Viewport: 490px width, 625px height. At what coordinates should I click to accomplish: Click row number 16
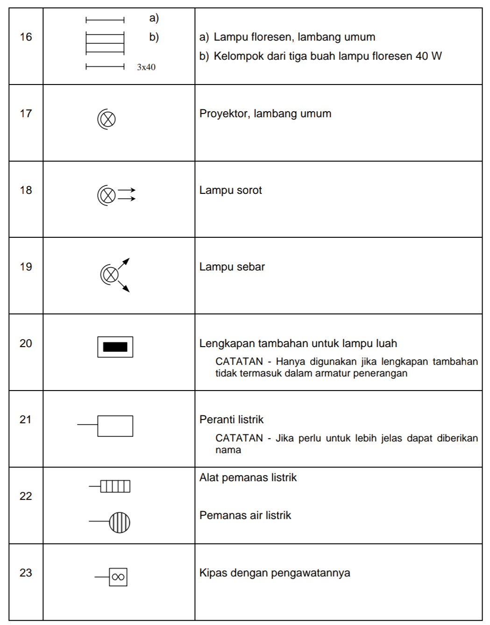coord(26,37)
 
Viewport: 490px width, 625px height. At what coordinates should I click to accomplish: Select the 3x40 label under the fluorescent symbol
coord(146,67)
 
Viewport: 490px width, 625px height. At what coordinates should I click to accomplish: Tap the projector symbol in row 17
coord(107,119)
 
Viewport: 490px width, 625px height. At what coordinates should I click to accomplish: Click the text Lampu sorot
coord(230,190)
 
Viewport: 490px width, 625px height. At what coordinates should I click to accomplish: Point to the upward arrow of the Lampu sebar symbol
coord(125,263)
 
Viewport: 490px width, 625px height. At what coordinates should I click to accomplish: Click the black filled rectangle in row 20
coord(115,347)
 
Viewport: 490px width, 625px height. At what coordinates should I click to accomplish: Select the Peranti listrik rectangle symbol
coord(115,426)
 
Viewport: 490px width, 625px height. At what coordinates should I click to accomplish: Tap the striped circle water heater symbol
coord(120,522)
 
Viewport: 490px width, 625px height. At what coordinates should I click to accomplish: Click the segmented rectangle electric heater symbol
coord(115,486)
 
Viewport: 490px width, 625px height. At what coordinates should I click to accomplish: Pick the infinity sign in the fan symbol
coord(118,577)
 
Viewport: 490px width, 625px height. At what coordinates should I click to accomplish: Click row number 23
coord(26,573)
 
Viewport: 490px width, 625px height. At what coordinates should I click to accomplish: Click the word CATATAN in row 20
coord(239,362)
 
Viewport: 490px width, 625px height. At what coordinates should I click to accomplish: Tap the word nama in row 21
coord(228,450)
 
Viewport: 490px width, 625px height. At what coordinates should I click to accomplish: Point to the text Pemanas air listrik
coord(245,515)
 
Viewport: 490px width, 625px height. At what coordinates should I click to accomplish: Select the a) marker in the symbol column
coord(154,18)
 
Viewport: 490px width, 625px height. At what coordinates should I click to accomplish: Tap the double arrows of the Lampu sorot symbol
coord(127,194)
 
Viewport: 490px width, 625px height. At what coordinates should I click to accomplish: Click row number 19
coord(26,267)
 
